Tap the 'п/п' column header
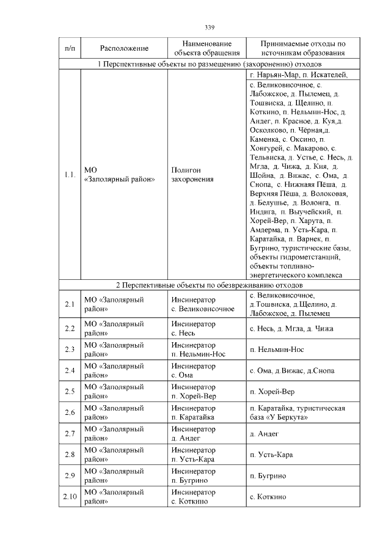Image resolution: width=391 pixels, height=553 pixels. tap(69, 48)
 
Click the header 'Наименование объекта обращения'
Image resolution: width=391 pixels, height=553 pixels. tap(206, 48)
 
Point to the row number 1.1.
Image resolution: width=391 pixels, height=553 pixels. tap(69, 175)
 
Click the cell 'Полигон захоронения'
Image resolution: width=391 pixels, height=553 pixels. tap(192, 175)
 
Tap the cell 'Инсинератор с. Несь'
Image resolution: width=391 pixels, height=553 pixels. tap(193, 329)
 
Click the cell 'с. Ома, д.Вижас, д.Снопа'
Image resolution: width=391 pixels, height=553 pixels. tap(292, 371)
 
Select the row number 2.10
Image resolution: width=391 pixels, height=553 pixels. tap(69, 496)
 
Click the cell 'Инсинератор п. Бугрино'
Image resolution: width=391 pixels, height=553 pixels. tap(193, 475)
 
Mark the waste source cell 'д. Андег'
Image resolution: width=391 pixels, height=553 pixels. tap(264, 433)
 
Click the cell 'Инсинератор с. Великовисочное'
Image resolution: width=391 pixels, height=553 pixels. tap(203, 304)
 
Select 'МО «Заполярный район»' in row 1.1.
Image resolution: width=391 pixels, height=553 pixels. tap(119, 175)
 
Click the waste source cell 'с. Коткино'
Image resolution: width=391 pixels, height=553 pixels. tap(268, 497)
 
